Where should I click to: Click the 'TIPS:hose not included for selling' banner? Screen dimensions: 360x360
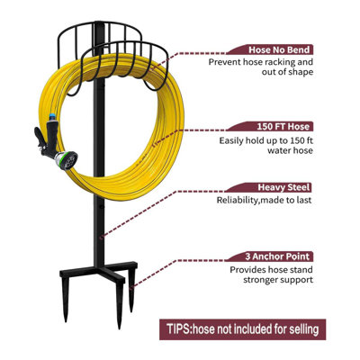242,329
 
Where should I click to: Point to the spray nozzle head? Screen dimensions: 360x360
67,159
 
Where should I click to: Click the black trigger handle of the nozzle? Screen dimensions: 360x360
40,138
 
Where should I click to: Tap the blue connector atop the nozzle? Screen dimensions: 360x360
52,117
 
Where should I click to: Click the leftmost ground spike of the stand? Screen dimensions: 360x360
66,299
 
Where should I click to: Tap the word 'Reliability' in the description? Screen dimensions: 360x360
238,200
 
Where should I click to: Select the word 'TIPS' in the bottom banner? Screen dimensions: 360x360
178,328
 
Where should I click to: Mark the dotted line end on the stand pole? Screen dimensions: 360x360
102,238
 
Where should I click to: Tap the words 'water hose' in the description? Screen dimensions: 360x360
290,150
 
